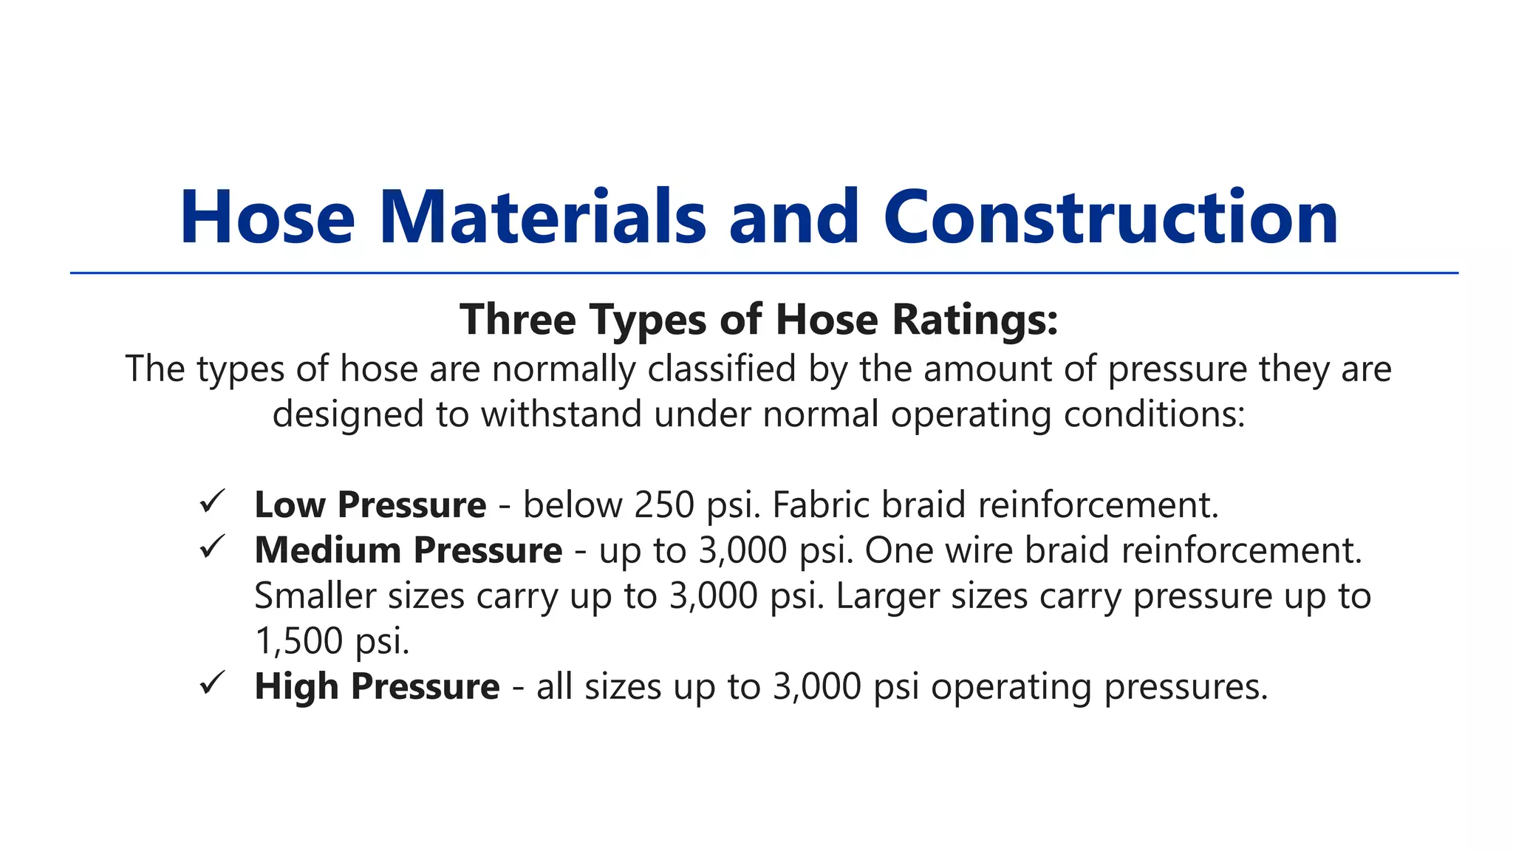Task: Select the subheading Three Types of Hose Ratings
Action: [x=759, y=320]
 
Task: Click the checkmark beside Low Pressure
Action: [x=212, y=502]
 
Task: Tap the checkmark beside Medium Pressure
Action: [x=212, y=547]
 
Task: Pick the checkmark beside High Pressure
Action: [x=212, y=683]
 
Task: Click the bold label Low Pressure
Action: [x=370, y=505]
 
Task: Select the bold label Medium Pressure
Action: [x=408, y=550]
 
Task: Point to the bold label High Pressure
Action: [x=377, y=686]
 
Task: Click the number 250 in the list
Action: [x=664, y=505]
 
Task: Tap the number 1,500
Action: [x=298, y=641]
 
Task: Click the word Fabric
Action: [x=820, y=505]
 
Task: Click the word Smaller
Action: [x=315, y=596]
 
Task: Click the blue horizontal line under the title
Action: [x=764, y=273]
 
